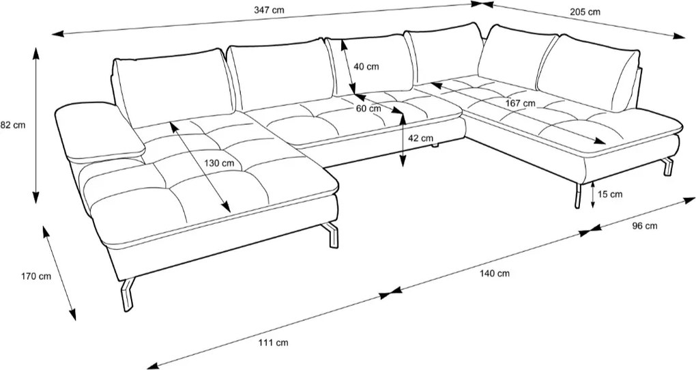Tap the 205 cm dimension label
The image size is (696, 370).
point(586,12)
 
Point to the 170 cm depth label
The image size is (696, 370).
point(36,276)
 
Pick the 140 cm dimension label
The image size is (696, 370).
point(494,273)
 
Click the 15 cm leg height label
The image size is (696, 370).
point(609,194)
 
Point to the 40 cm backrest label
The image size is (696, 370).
point(367,67)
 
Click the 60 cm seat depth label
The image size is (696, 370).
point(368,109)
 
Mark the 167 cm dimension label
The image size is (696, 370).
point(520,103)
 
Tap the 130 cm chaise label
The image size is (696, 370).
point(219,163)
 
